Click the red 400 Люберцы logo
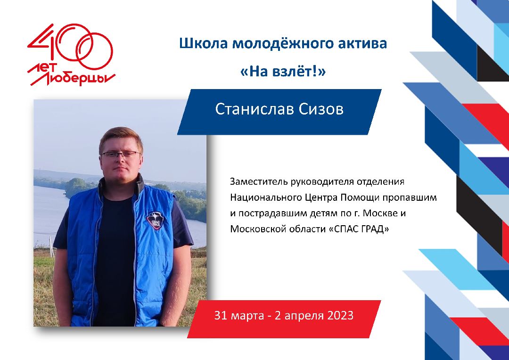tap(71, 55)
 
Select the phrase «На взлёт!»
tap(283, 72)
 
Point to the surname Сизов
tap(321, 109)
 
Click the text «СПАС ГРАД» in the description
tap(359, 229)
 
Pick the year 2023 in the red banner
tap(340, 315)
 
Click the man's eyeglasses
tap(121, 154)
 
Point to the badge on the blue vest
tap(154, 221)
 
